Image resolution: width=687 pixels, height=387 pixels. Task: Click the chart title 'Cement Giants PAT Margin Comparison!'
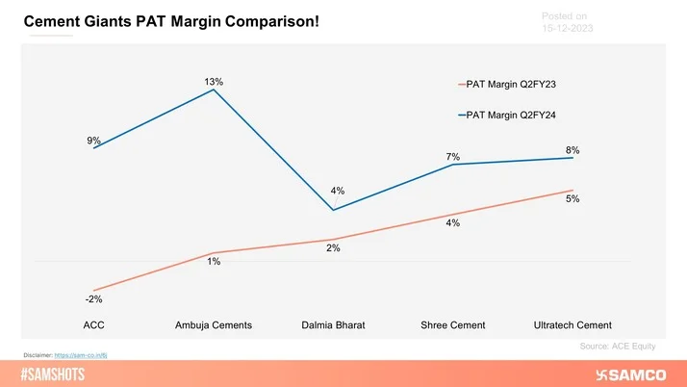[171, 19]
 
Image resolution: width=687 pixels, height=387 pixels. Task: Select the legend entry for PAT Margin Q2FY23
[511, 84]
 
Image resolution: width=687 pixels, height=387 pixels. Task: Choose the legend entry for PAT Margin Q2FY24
[511, 116]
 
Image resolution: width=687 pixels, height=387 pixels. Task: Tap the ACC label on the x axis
[93, 324]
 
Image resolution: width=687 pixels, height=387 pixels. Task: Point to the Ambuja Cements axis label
[214, 324]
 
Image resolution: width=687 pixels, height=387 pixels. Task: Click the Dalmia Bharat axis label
[333, 324]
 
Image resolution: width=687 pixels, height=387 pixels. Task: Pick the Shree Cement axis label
[453, 324]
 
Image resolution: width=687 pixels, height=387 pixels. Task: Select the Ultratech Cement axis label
[572, 324]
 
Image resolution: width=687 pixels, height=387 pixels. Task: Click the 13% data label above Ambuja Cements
[214, 82]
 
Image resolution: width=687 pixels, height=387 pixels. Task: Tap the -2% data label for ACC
[93, 299]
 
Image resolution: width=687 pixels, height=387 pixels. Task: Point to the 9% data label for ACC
[93, 141]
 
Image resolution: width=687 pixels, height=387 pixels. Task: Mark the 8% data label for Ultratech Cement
[572, 150]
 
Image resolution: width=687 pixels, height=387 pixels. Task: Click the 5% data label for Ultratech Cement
[572, 199]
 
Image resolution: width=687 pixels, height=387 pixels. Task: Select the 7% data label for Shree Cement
[453, 157]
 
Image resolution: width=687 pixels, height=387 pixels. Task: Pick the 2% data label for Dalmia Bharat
[333, 248]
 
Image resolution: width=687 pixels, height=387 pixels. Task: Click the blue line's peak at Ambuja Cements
[214, 90]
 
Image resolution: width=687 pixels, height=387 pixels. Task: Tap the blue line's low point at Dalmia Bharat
[333, 210]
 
